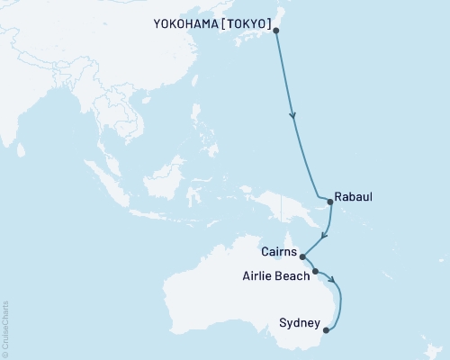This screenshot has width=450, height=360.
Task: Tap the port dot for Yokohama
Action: [275, 31]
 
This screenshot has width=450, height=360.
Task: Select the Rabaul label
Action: [353, 195]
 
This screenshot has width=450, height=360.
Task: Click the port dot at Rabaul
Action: [330, 202]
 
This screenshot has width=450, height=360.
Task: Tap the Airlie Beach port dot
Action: [315, 271]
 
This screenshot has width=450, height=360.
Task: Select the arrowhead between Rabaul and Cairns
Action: [324, 237]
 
